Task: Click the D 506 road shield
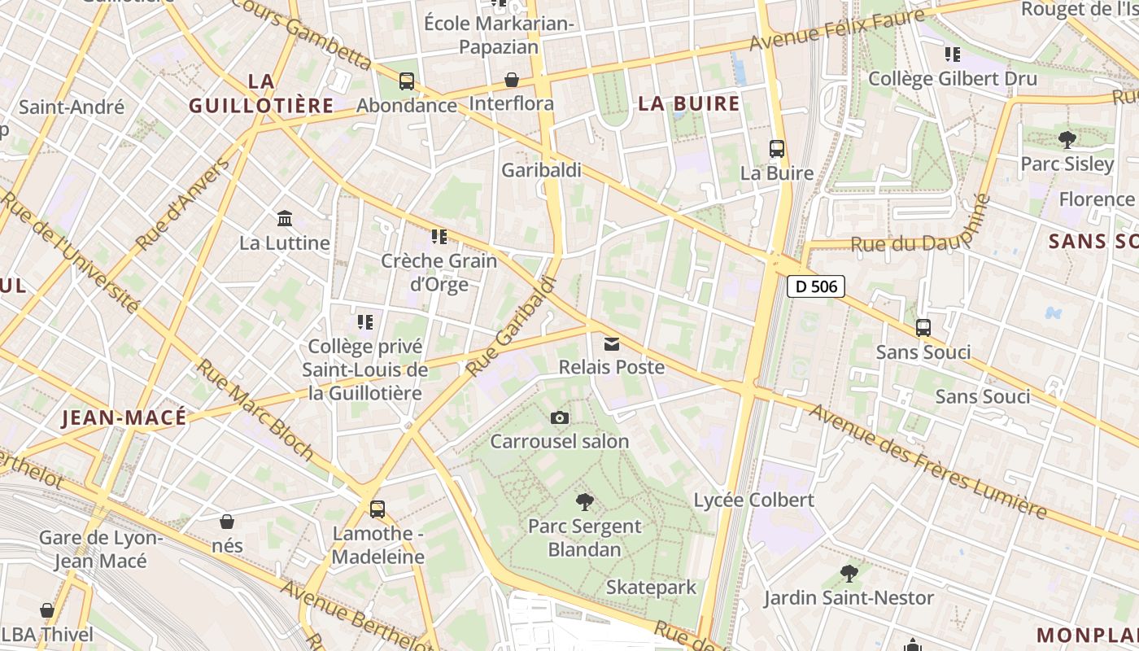816,286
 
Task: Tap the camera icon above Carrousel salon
560,418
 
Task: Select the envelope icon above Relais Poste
612,344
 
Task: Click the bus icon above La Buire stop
777,149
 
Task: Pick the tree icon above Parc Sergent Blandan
584,502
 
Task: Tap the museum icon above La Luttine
285,219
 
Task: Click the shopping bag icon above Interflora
512,80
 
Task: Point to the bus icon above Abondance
407,81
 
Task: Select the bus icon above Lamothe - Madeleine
377,509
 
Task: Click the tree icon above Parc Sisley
1067,140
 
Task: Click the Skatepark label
651,588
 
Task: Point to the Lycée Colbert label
753,500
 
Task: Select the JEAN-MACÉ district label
124,418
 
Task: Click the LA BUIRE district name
689,103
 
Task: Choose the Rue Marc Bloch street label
254,409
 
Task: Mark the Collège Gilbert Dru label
953,79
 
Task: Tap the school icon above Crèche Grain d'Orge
439,237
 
